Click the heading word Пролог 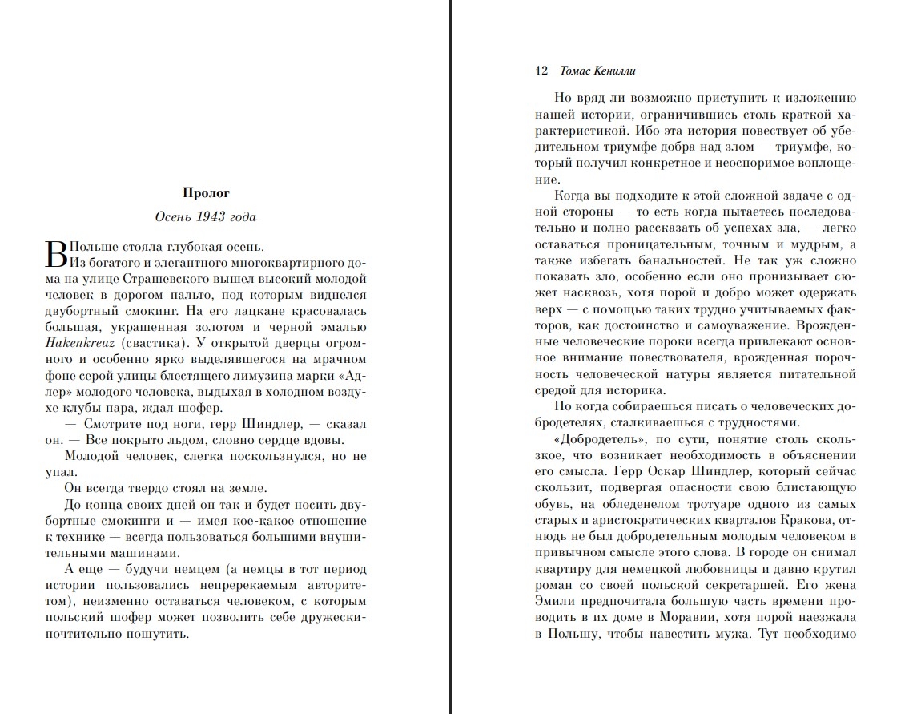click(x=206, y=192)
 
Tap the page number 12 click(x=541, y=71)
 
